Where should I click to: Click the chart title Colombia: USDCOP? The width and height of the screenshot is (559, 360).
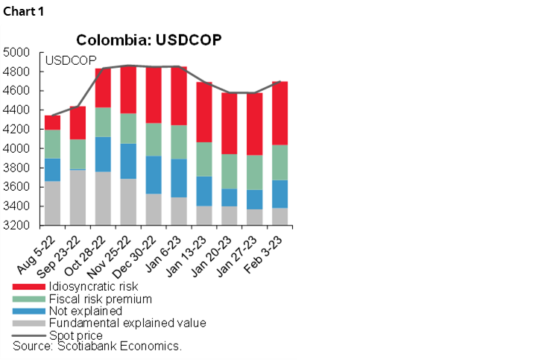point(149,40)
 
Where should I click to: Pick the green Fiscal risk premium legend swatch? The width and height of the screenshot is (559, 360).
point(28,299)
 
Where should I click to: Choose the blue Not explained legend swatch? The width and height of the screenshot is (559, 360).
point(28,311)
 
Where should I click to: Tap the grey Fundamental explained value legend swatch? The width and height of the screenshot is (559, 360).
point(28,323)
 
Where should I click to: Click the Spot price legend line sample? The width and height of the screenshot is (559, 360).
point(28,335)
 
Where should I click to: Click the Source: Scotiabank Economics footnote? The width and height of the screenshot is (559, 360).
point(98,347)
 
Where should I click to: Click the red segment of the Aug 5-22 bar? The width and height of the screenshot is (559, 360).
point(52,122)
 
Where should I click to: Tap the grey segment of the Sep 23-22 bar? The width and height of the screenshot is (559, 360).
point(78,198)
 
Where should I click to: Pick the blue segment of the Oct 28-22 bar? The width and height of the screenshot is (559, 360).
point(103,154)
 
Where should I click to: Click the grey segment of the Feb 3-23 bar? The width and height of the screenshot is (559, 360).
point(280,216)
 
